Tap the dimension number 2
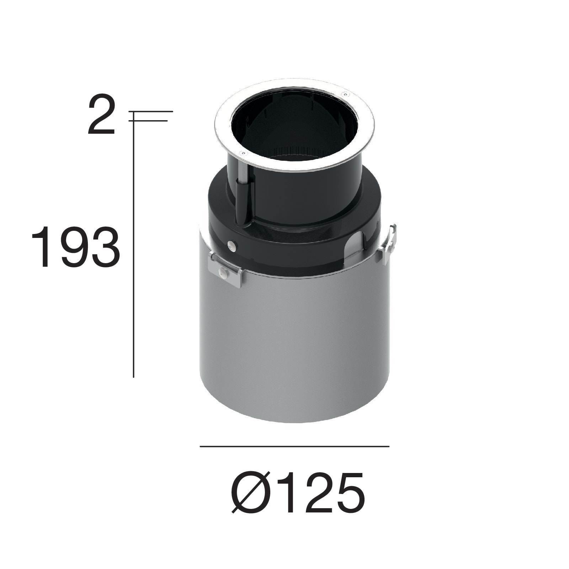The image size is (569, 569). click(x=102, y=115)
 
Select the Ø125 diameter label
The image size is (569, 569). click(x=298, y=493)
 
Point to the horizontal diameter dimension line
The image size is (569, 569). click(x=294, y=446)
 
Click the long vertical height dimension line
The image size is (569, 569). click(x=133, y=249)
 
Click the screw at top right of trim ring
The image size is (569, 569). click(x=345, y=94)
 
